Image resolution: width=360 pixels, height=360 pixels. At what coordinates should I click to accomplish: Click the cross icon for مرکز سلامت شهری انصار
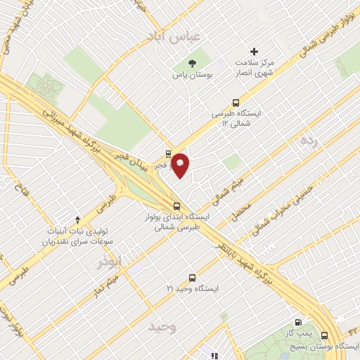255,51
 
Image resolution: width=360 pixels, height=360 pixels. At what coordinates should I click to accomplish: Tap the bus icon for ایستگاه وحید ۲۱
193,278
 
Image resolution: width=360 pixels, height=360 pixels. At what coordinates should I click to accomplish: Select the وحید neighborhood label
162,327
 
